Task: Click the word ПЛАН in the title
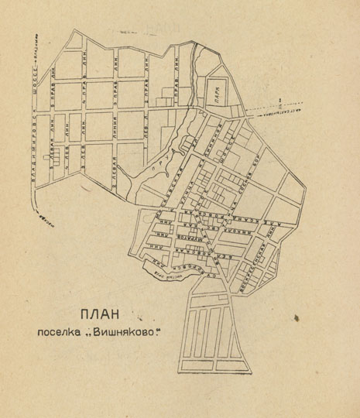(x=101, y=315)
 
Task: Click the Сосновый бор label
(x=252, y=173)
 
